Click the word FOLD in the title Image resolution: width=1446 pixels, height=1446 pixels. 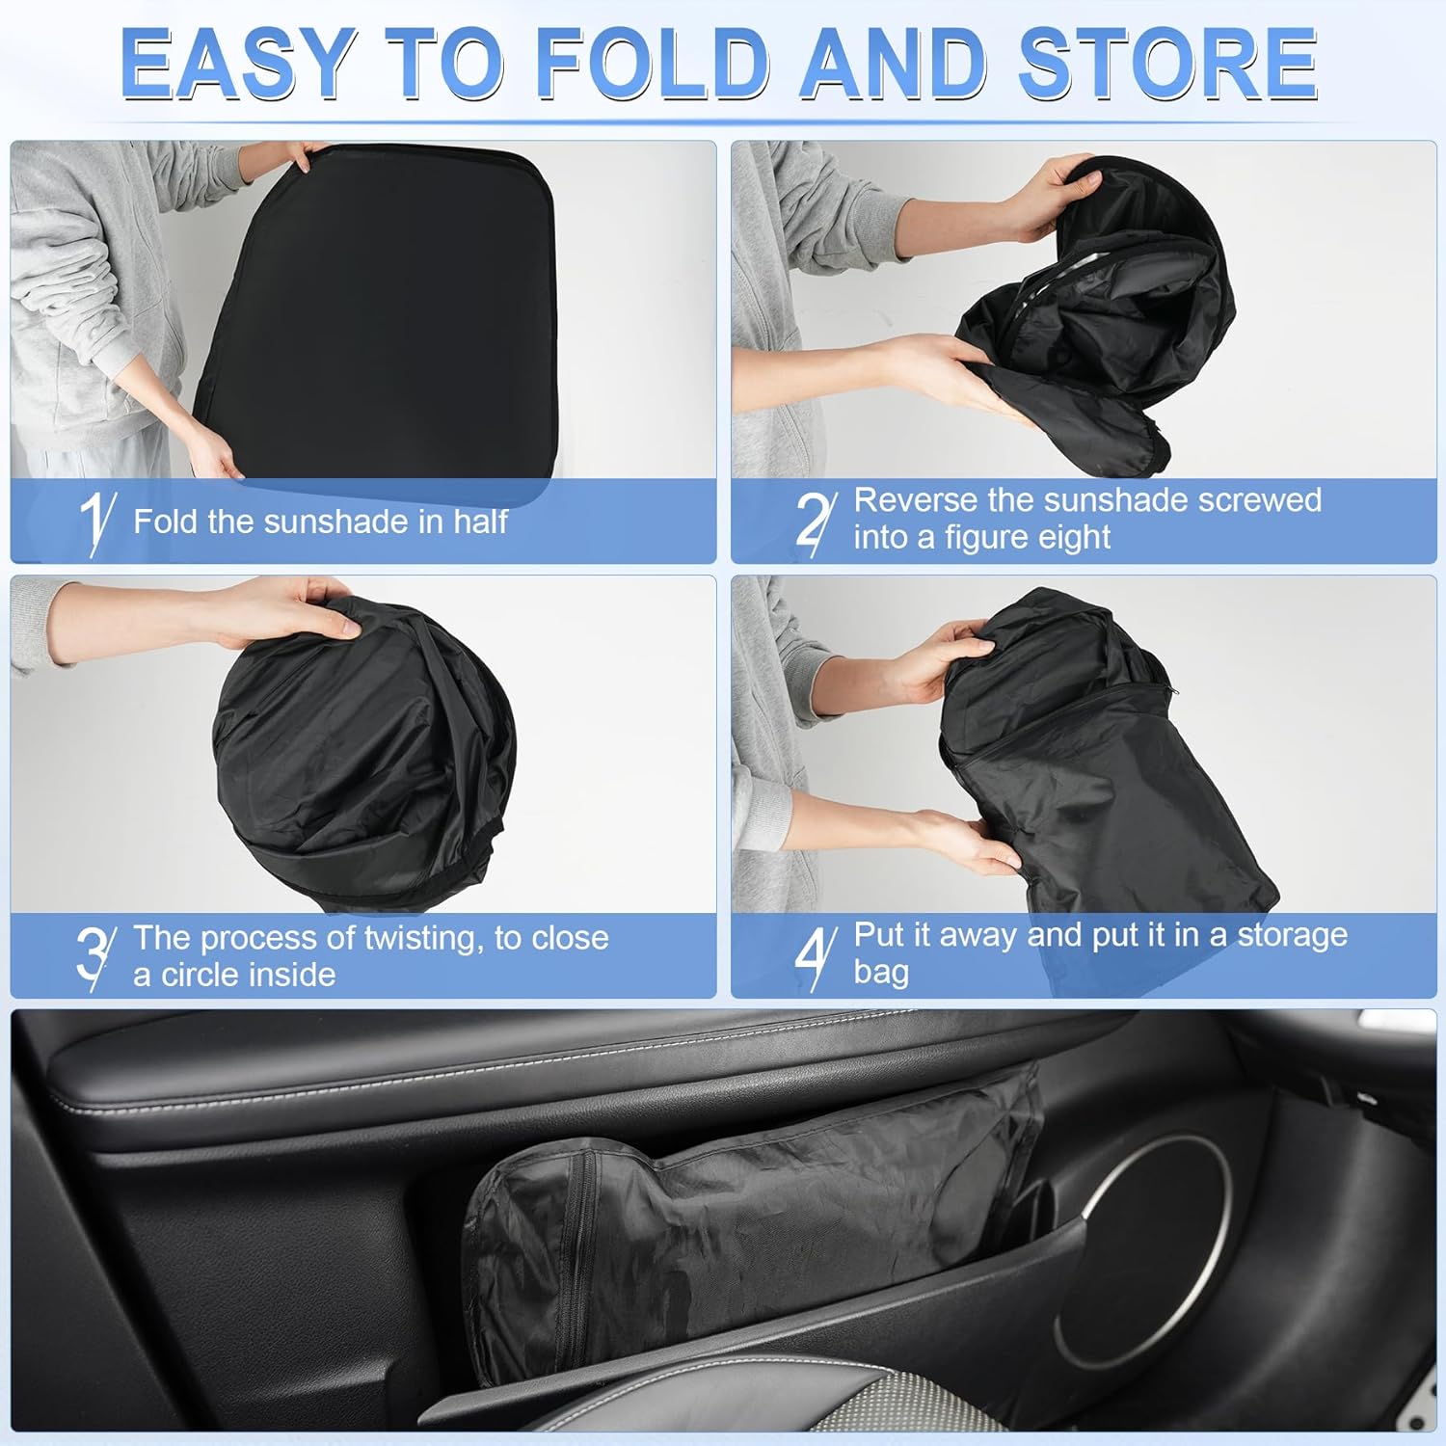[652, 64]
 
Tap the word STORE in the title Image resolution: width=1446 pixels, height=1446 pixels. [1167, 64]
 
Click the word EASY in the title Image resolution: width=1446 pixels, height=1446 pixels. [236, 64]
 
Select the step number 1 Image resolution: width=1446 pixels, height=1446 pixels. [94, 521]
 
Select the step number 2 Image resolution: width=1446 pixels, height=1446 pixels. [814, 521]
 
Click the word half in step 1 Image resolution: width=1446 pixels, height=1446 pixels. [480, 522]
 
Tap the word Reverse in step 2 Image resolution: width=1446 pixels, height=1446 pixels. [916, 500]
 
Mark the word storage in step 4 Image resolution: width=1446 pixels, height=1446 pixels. [1292, 935]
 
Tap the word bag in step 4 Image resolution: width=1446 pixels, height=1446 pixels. [880, 972]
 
